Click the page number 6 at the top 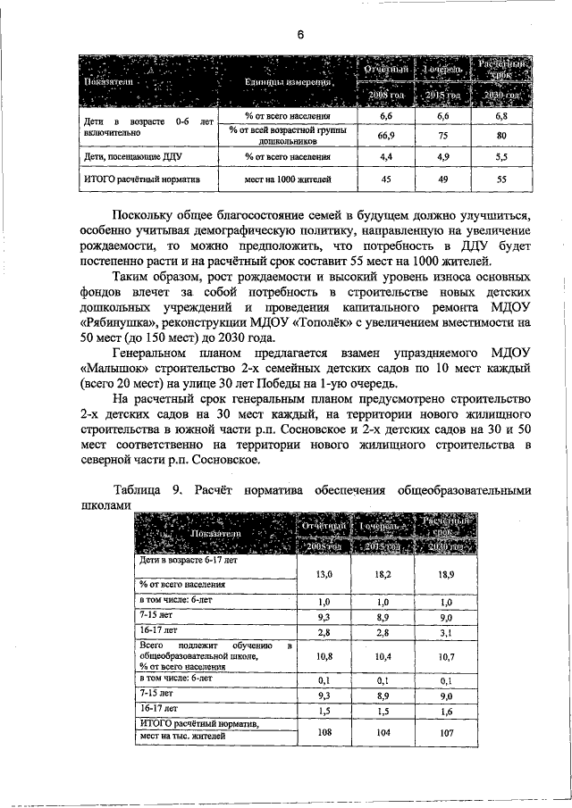[x=301, y=35]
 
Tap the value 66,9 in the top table [x=387, y=135]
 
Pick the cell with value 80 [x=501, y=136]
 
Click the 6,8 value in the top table [x=501, y=116]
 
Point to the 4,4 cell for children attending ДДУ [x=387, y=156]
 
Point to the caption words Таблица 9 [x=147, y=489]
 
